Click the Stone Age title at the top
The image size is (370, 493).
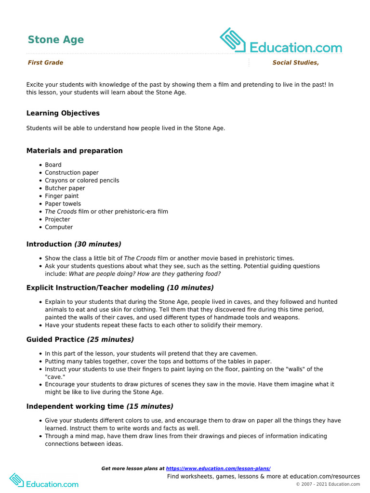pyautogui.click(x=55, y=39)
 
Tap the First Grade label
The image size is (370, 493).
pyautogui.click(x=45, y=63)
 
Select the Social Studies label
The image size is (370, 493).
pyautogui.click(x=295, y=63)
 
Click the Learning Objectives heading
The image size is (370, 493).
pyautogui.click(x=63, y=113)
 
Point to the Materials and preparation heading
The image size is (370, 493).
pyautogui.click(x=74, y=151)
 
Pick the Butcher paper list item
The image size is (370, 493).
pyautogui.click(x=65, y=188)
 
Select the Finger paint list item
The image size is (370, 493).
pyautogui.click(x=62, y=196)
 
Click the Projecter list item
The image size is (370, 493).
pyautogui.click(x=57, y=220)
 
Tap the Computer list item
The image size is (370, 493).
pyautogui.click(x=59, y=227)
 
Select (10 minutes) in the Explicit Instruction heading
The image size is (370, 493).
pyautogui.click(x=190, y=288)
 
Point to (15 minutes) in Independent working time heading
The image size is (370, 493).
pyautogui.click(x=150, y=406)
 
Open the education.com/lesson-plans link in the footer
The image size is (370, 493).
pyautogui.click(x=218, y=468)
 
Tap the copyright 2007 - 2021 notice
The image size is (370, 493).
pyautogui.click(x=328, y=484)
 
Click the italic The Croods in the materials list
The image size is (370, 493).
pyautogui.click(x=61, y=212)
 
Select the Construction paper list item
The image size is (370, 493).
pyautogui.click(x=72, y=173)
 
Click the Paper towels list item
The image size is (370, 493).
pyautogui.click(x=63, y=204)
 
